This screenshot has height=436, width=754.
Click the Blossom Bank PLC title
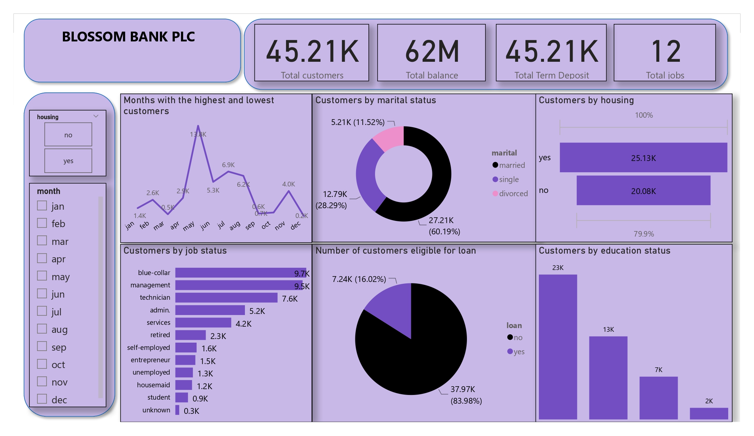(128, 37)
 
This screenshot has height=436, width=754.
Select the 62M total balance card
(431, 53)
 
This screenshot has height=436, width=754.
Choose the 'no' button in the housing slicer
(68, 135)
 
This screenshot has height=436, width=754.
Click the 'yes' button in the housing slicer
(68, 161)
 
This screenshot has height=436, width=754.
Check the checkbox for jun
(42, 294)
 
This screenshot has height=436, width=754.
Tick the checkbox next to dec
(42, 399)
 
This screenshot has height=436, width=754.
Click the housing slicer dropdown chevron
(96, 116)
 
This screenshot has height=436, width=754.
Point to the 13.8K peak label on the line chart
(198, 134)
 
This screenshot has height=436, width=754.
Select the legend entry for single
(508, 179)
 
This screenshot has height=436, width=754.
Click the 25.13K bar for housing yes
(643, 158)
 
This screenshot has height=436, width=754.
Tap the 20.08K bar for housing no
(643, 191)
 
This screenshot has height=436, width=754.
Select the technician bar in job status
(226, 298)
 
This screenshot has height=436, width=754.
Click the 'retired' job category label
(160, 335)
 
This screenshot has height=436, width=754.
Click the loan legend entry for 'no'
(515, 338)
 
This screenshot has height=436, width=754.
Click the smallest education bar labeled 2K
(709, 413)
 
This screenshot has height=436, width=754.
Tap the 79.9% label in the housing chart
(644, 234)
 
